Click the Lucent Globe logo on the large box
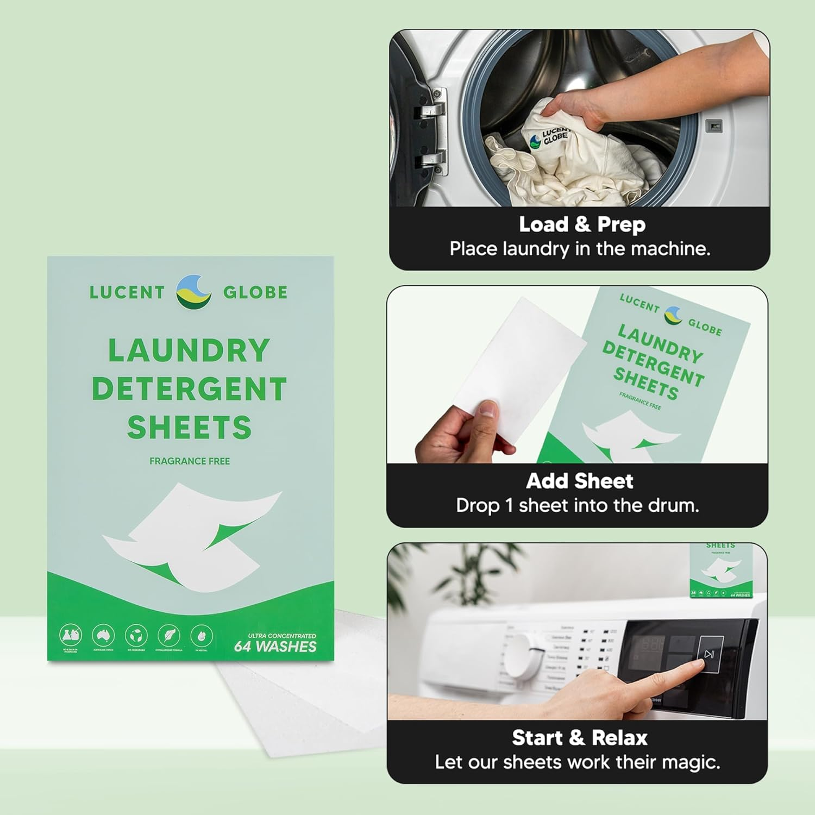[x=193, y=292]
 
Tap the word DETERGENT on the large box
[x=189, y=389]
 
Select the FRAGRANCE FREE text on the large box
[x=190, y=461]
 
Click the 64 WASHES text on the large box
[x=275, y=647]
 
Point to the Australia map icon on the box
[x=103, y=635]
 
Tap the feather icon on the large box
[x=169, y=635]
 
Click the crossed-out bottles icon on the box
[x=70, y=635]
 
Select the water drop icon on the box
[x=202, y=635]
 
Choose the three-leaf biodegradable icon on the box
[x=136, y=635]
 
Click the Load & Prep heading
[x=582, y=224]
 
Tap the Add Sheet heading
[x=579, y=481]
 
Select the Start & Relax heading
[x=579, y=738]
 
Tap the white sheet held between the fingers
[x=516, y=359]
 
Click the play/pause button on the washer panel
[x=710, y=654]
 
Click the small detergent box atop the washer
[x=720, y=570]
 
